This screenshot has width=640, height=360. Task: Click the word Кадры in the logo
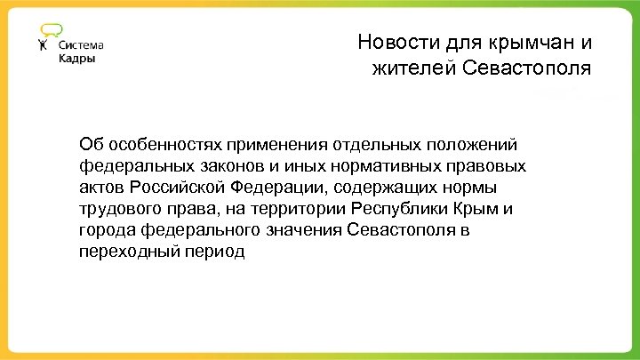point(76,60)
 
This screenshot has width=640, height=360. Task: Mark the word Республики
point(404,209)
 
